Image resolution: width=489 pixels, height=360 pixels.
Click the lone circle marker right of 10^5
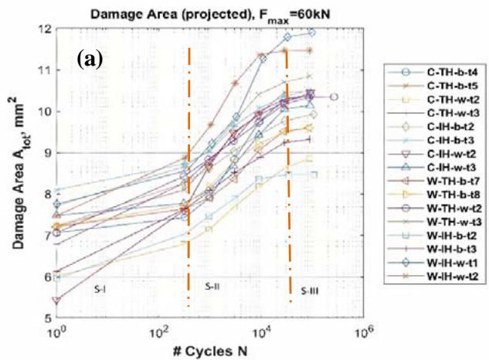[334, 97]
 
